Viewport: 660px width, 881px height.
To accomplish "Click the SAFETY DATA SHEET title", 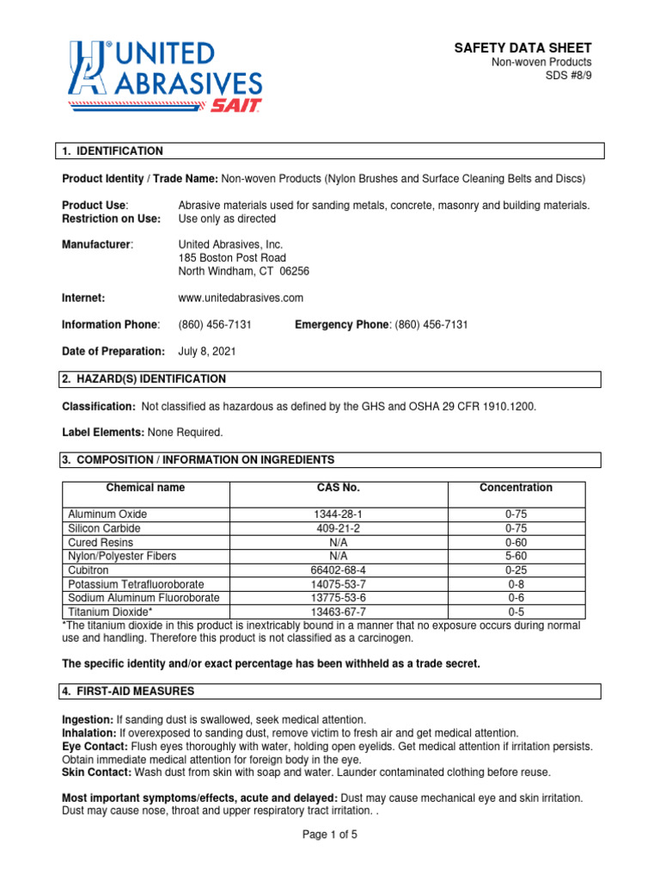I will tap(522, 48).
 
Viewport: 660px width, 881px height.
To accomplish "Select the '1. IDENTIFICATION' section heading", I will tap(112, 151).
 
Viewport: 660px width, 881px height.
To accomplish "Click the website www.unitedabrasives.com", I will tap(241, 298).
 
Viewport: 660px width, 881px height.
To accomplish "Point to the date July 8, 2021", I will tap(207, 351).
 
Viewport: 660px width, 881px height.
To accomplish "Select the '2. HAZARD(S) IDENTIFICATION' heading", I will tap(144, 379).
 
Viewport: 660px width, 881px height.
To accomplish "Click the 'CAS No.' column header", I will tap(338, 488).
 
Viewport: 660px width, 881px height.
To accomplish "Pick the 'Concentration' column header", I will tap(516, 488).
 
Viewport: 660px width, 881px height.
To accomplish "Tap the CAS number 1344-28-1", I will tap(338, 514).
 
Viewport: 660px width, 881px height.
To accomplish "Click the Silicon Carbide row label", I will tap(104, 528).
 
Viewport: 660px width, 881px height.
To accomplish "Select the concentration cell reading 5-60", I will tap(516, 557).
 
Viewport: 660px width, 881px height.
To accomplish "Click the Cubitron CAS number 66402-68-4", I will tap(338, 570).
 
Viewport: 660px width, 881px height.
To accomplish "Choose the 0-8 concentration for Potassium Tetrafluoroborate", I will tap(516, 584).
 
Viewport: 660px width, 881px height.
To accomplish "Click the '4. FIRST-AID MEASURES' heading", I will tap(128, 691).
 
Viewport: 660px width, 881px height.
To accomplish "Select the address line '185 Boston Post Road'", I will tap(232, 258).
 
